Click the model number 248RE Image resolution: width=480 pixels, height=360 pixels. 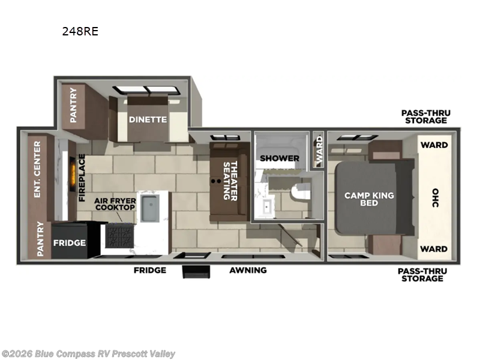[80, 32]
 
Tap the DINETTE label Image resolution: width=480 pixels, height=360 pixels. [148, 119]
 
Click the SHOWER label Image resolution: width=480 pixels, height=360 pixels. [279, 158]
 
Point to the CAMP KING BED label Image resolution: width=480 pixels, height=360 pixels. [369, 199]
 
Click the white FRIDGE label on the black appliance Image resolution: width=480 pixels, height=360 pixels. [70, 243]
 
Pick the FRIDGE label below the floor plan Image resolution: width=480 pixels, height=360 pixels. [149, 270]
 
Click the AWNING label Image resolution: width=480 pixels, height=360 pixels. [248, 270]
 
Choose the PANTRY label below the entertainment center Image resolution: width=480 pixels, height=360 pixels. [40, 239]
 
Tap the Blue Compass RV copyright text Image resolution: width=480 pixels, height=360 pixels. [89, 354]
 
